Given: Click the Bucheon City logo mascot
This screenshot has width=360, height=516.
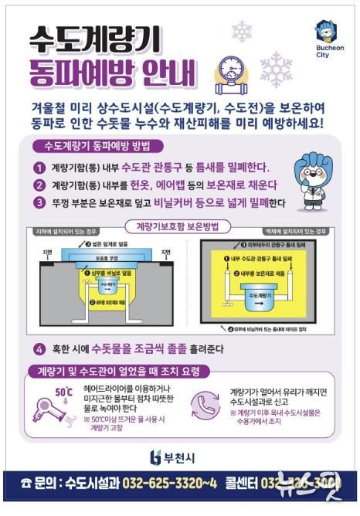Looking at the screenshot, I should (325, 32).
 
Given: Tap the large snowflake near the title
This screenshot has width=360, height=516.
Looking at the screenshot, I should (276, 69).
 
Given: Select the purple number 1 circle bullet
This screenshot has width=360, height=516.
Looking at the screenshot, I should (39, 168).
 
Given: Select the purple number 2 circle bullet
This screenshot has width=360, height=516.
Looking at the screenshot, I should (39, 185).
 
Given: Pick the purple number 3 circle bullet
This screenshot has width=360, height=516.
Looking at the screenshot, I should (39, 203).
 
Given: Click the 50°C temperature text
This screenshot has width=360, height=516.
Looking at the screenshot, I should (41, 390).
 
